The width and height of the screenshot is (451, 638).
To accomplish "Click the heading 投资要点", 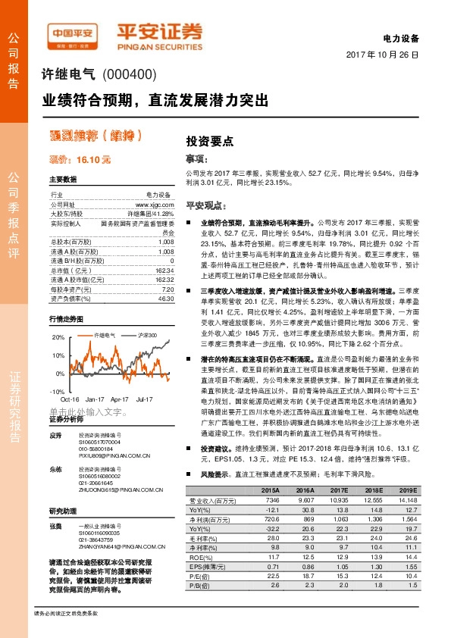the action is tap(209, 141).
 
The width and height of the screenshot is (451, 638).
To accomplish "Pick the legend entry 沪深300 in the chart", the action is tap(146, 334).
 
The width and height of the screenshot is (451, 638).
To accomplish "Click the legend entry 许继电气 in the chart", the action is tap(104, 334).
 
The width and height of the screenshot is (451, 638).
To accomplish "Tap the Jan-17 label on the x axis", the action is tap(95, 398).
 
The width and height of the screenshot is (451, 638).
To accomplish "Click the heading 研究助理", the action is tap(64, 510).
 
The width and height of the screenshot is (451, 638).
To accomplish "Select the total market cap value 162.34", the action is tap(163, 271).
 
